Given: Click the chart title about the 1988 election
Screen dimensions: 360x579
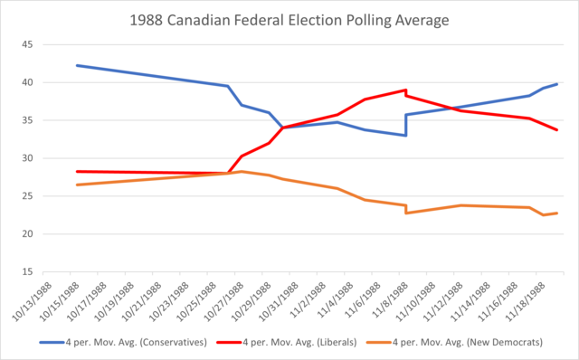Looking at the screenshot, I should [x=289, y=19].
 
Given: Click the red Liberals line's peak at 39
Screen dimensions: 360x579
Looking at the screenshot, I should [x=405, y=90].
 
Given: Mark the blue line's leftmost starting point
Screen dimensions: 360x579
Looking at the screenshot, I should [x=77, y=65].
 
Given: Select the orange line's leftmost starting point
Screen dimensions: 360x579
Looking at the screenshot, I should [x=77, y=185].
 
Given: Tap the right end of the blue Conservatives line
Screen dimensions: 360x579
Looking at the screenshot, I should [x=556, y=84].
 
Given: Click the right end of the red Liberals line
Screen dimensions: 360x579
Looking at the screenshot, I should [x=556, y=130].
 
